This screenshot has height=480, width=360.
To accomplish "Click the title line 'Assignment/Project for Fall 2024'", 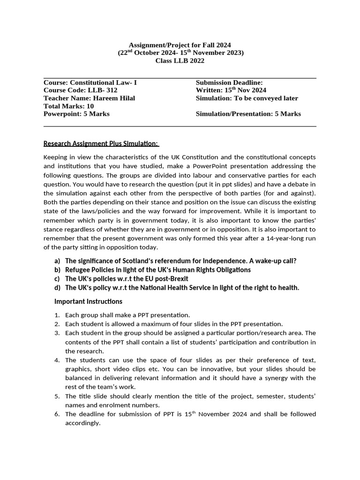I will pos(180,45).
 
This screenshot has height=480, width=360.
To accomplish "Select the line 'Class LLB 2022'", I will pos(180,61).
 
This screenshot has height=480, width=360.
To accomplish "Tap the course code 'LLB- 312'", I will pos(102,90).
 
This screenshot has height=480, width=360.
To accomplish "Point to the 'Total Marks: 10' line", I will pos(68,106).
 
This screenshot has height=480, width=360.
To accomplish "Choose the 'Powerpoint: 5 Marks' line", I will pos(76,114).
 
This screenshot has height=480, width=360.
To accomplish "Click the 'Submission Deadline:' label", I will pos(229,82).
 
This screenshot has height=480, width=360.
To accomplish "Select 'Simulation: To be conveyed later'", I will pos(247,98).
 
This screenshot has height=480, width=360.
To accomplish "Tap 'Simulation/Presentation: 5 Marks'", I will pos(248,114).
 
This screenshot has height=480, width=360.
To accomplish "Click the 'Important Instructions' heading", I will pos(88,301).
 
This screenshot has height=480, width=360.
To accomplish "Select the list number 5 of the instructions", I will pos(57,396).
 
